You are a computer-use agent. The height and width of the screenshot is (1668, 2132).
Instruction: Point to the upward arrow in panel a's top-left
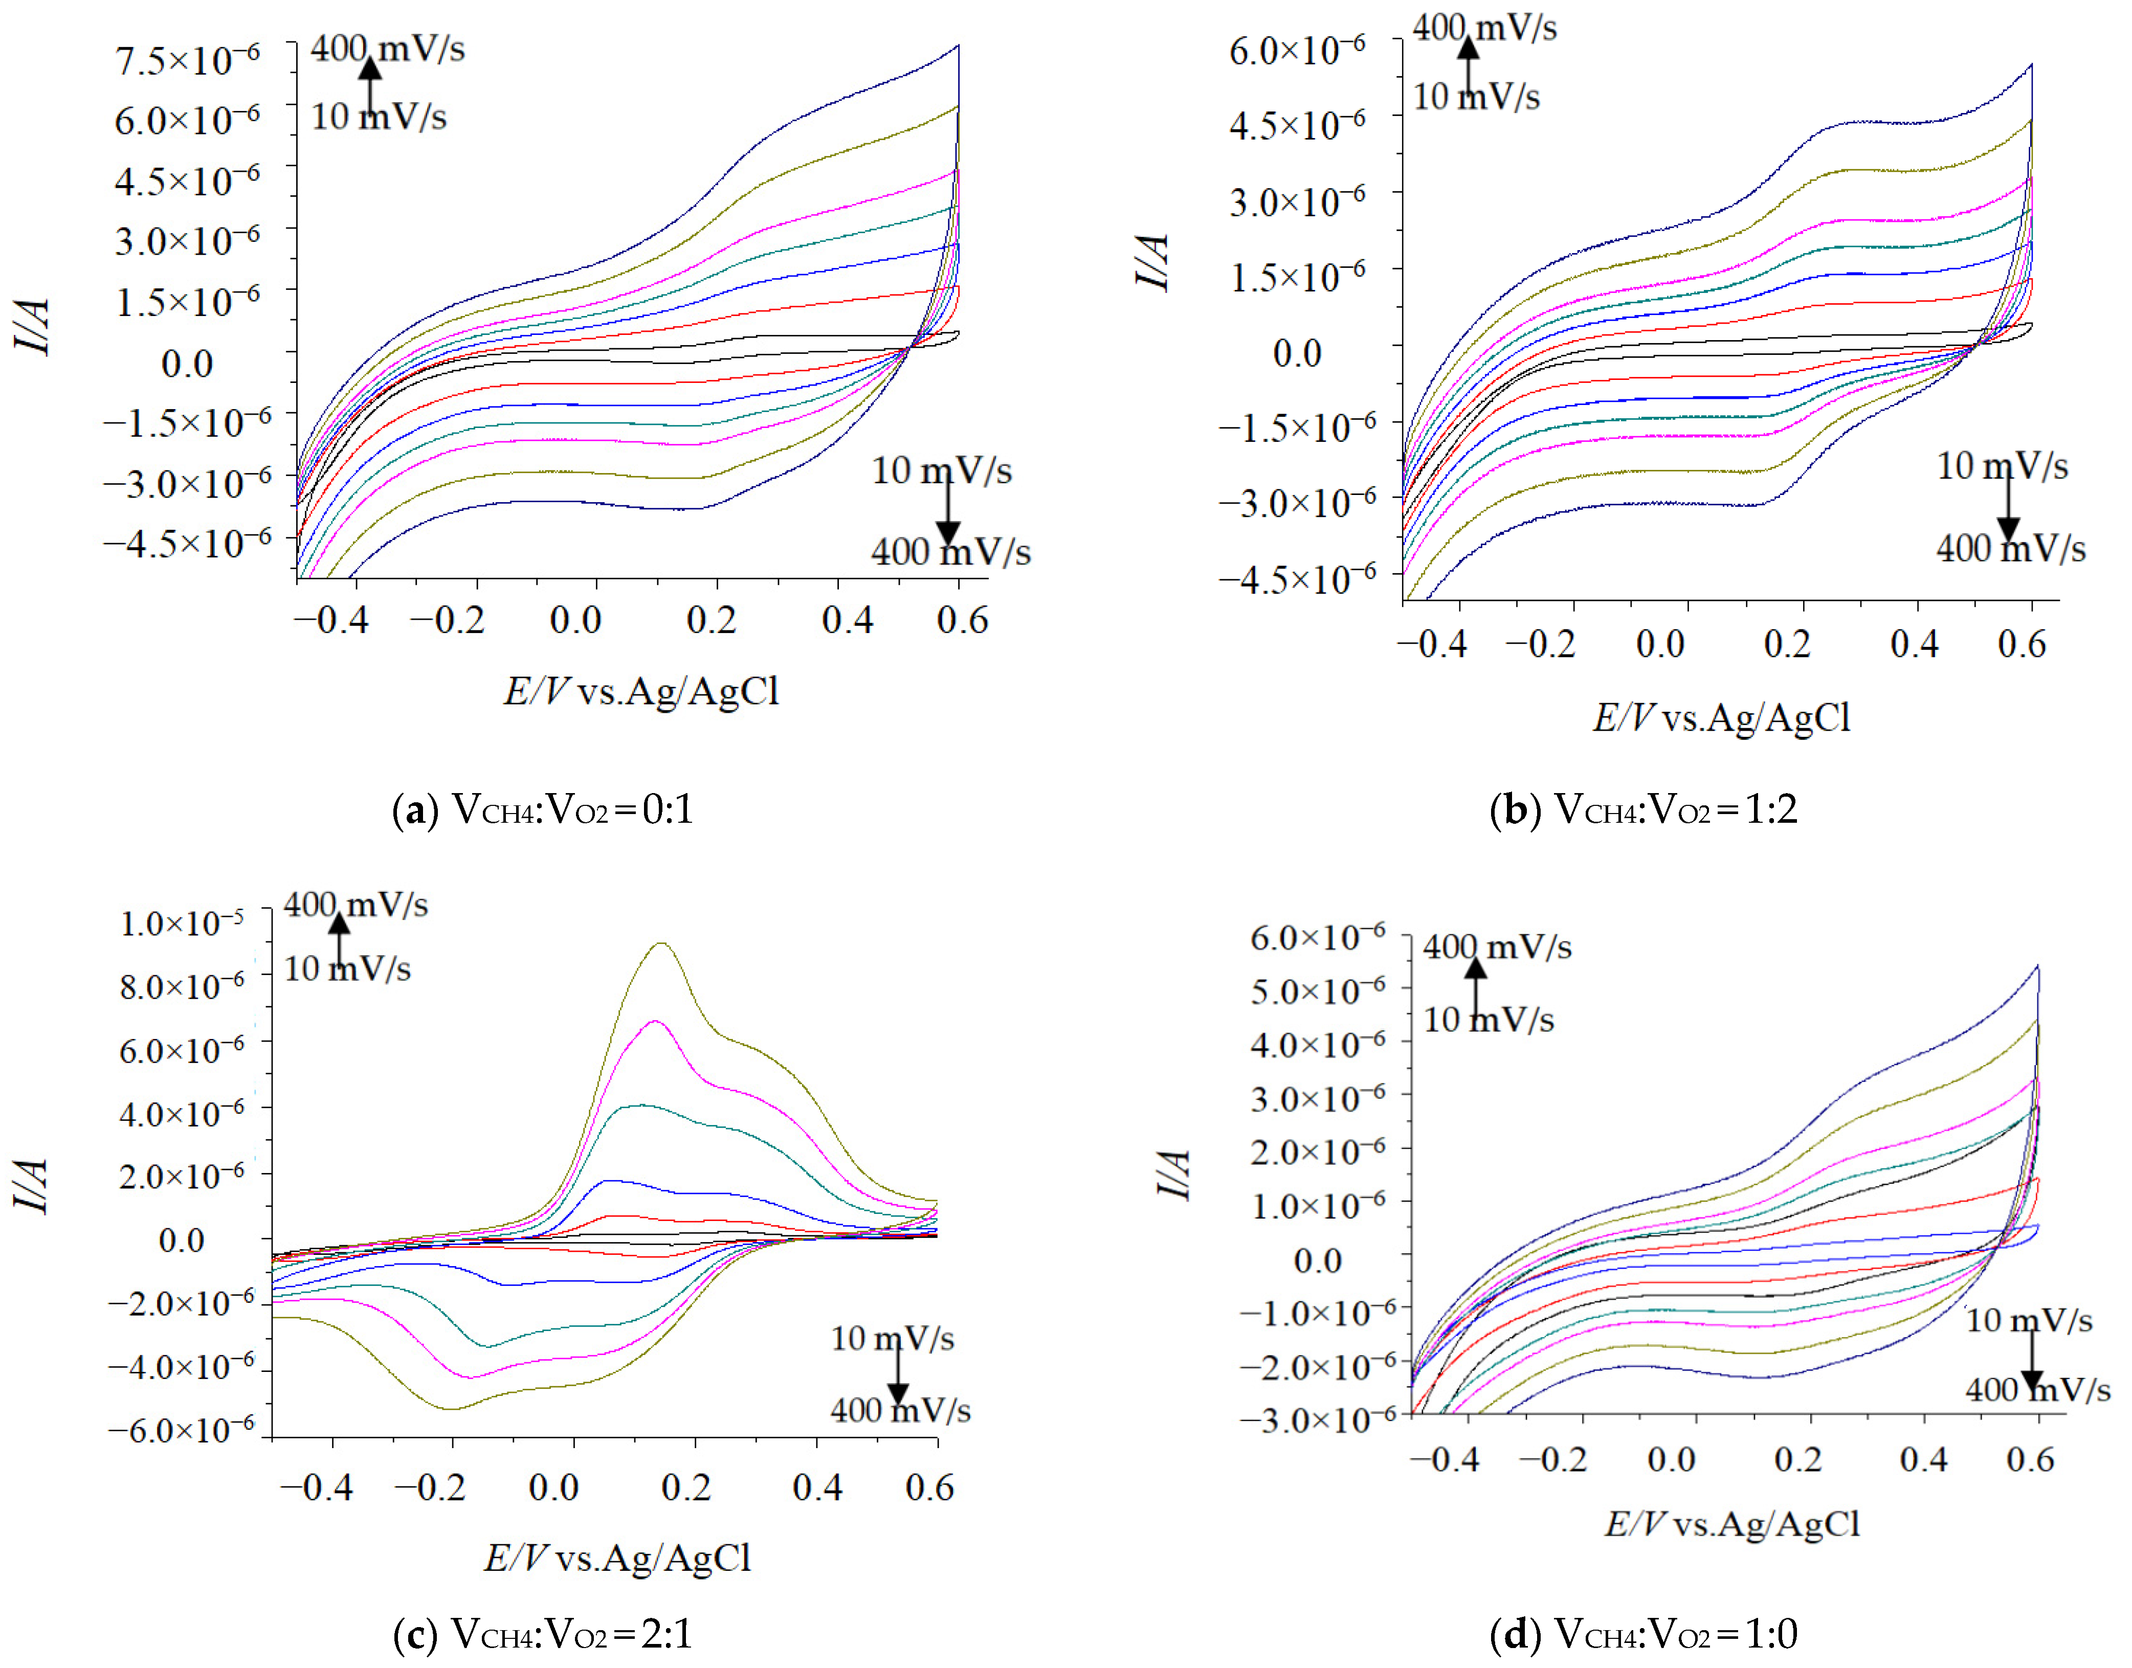(369, 83)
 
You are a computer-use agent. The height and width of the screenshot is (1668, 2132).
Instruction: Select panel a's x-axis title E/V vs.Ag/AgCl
(641, 691)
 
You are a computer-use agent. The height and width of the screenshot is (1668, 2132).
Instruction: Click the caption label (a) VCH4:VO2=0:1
(543, 809)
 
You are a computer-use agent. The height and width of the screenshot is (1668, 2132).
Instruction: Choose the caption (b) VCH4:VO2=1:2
(1644, 809)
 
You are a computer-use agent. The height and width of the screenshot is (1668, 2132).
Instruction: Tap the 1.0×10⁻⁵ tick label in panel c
(182, 923)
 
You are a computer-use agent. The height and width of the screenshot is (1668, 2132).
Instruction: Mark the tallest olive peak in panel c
(662, 943)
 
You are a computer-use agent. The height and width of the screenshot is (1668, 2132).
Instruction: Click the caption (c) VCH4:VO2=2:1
(543, 1633)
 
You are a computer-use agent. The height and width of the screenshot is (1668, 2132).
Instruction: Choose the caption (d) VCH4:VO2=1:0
(1644, 1633)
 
